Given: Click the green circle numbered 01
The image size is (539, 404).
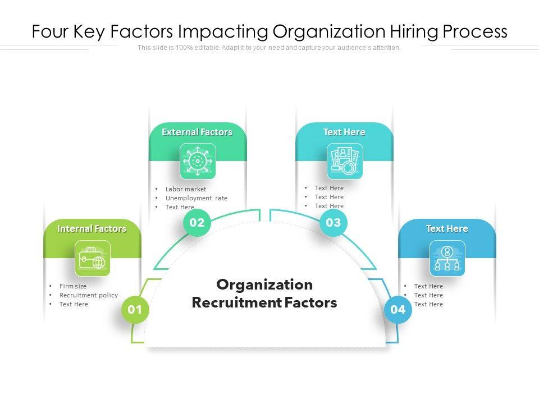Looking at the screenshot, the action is pyautogui.click(x=135, y=310).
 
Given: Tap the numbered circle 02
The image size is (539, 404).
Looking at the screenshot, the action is pyautogui.click(x=197, y=223).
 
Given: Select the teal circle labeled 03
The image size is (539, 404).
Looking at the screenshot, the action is pyautogui.click(x=334, y=223).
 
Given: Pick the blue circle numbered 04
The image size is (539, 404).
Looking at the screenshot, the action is pyautogui.click(x=398, y=310).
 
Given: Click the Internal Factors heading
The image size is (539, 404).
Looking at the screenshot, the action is pyautogui.click(x=92, y=229).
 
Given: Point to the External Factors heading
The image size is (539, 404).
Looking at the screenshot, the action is pyautogui.click(x=197, y=132).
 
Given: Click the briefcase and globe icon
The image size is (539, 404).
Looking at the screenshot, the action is pyautogui.click(x=93, y=259).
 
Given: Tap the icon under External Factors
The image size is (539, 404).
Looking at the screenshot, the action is pyautogui.click(x=197, y=162).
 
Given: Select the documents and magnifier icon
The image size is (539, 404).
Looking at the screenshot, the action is pyautogui.click(x=345, y=162).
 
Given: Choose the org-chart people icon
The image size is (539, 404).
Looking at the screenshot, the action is pyautogui.click(x=447, y=259).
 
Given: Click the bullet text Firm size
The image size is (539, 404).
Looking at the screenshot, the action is pyautogui.click(x=73, y=286).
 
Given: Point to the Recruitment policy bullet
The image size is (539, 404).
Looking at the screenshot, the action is pyautogui.click(x=89, y=295).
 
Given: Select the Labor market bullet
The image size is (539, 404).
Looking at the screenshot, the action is pyautogui.click(x=186, y=189).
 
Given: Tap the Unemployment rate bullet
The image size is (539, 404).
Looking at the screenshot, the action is pyautogui.click(x=197, y=198).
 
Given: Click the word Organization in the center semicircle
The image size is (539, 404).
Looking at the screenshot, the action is pyautogui.click(x=264, y=284).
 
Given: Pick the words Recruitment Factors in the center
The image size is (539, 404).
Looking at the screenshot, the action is pyautogui.click(x=264, y=303).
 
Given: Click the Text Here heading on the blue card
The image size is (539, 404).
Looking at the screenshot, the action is pyautogui.click(x=447, y=229).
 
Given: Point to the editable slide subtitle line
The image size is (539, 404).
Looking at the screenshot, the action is pyautogui.click(x=269, y=48).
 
